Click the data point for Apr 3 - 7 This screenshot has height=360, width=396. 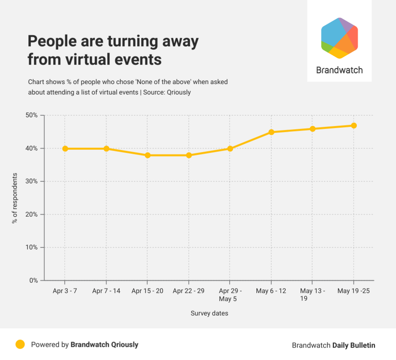pyautogui.click(x=65, y=149)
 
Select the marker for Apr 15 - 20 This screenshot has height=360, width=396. pyautogui.click(x=148, y=155)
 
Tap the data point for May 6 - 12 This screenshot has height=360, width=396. pyautogui.click(x=271, y=132)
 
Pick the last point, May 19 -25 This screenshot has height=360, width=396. pyautogui.click(x=354, y=126)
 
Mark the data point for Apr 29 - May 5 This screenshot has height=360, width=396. pyautogui.click(x=230, y=149)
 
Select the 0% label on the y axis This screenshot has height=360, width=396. pyautogui.click(x=34, y=280)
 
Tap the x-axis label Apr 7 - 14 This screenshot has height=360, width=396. pyautogui.click(x=106, y=291)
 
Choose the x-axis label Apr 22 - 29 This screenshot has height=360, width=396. pyautogui.click(x=188, y=291)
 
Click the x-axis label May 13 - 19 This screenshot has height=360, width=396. pyautogui.click(x=312, y=295)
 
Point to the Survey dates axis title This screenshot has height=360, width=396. pyautogui.click(x=209, y=313)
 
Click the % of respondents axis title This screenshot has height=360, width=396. pyautogui.click(x=15, y=198)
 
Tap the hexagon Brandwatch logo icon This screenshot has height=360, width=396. pyautogui.click(x=339, y=38)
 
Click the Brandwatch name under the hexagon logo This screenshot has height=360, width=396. pyautogui.click(x=339, y=70)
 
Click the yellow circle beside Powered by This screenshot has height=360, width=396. pyautogui.click(x=20, y=344)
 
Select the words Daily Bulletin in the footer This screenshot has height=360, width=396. pyautogui.click(x=354, y=345)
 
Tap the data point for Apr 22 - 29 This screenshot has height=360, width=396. pyautogui.click(x=189, y=155)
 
